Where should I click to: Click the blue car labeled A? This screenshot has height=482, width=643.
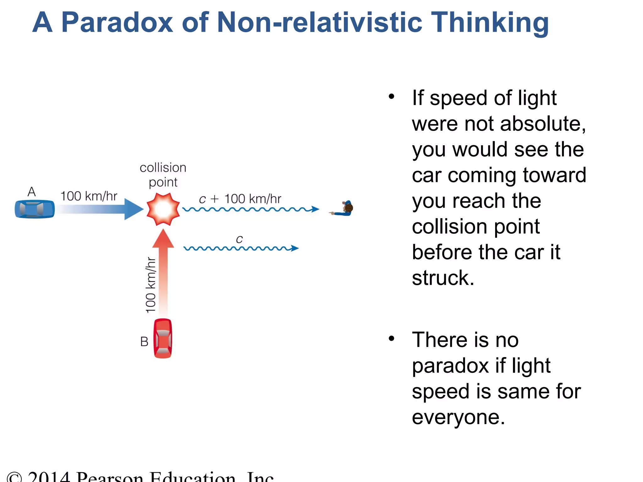pyautogui.click(x=35, y=209)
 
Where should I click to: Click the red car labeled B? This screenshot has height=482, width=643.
pyautogui.click(x=163, y=338)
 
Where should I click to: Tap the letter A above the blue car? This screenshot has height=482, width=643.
pyautogui.click(x=32, y=191)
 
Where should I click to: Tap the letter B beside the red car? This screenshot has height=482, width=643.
pyautogui.click(x=144, y=341)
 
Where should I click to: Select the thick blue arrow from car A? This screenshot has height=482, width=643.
pyautogui.click(x=100, y=209)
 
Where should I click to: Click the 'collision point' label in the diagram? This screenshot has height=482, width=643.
pyautogui.click(x=163, y=175)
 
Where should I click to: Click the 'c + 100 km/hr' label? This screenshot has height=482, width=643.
pyautogui.click(x=240, y=199)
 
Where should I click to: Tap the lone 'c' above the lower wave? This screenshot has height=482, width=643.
pyautogui.click(x=239, y=239)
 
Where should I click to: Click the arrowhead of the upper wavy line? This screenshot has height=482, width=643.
pyautogui.click(x=315, y=209)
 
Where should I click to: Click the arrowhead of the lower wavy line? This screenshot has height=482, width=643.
pyautogui.click(x=294, y=248)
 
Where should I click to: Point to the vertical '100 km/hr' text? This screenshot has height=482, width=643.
pyautogui.click(x=150, y=285)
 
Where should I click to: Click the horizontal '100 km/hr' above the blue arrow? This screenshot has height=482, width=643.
pyautogui.click(x=89, y=196)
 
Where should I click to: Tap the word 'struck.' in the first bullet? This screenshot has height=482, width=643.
pyautogui.click(x=443, y=278)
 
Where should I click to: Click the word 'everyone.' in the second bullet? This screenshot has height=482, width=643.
pyautogui.click(x=458, y=417)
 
